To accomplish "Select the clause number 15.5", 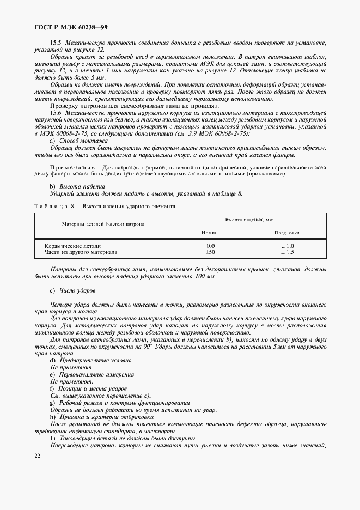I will coord(56,42).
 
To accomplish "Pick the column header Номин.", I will coord(210,232).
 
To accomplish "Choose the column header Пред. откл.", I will coord(286,232).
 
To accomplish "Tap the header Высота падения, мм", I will coord(248,219).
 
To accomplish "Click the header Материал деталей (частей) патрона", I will coord(103,224).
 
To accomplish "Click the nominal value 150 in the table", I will coord(210,252).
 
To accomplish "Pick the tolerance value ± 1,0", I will coord(287,246).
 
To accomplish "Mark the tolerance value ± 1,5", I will coord(287,252).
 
